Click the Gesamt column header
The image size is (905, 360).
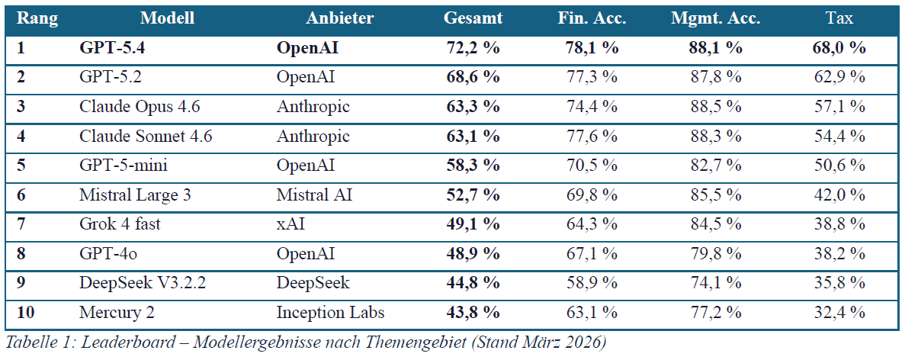pyautogui.click(x=473, y=18)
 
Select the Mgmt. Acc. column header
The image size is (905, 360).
pyautogui.click(x=716, y=18)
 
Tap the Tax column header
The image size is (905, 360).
pyautogui.click(x=839, y=18)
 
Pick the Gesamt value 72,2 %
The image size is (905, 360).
pyautogui.click(x=473, y=48)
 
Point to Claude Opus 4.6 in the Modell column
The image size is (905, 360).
pyautogui.click(x=140, y=107)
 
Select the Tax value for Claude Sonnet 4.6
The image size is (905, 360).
pyautogui.click(x=839, y=137)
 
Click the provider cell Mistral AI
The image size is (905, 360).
pyautogui.click(x=314, y=195)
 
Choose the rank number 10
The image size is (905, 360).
pyautogui.click(x=26, y=313)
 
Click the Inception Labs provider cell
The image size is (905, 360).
pyautogui.click(x=330, y=313)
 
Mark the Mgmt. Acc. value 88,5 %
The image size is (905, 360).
pyautogui.click(x=716, y=107)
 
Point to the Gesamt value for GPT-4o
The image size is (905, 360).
pyautogui.click(x=473, y=254)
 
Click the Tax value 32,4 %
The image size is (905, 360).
pyautogui.click(x=839, y=313)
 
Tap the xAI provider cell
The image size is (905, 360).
pyautogui.click(x=290, y=224)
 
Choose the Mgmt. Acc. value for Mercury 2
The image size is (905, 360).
pyautogui.click(x=716, y=313)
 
